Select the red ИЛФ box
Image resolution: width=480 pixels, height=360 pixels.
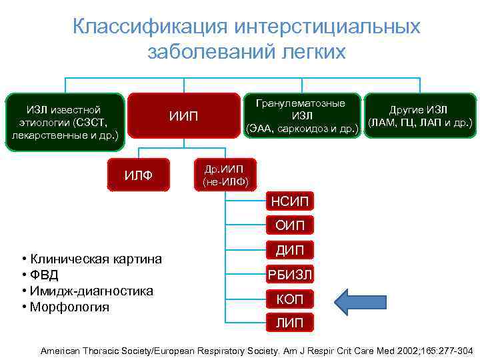point(139,175)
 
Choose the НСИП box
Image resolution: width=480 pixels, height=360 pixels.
point(290,201)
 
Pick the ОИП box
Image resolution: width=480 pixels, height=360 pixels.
point(290,225)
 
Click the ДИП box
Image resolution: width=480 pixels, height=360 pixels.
point(290,250)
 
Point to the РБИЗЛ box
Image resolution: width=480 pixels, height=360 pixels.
point(290,274)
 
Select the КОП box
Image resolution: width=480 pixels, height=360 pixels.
point(290,299)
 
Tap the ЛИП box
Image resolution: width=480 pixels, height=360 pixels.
point(290,323)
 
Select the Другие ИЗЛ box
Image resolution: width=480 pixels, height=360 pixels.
point(419,117)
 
